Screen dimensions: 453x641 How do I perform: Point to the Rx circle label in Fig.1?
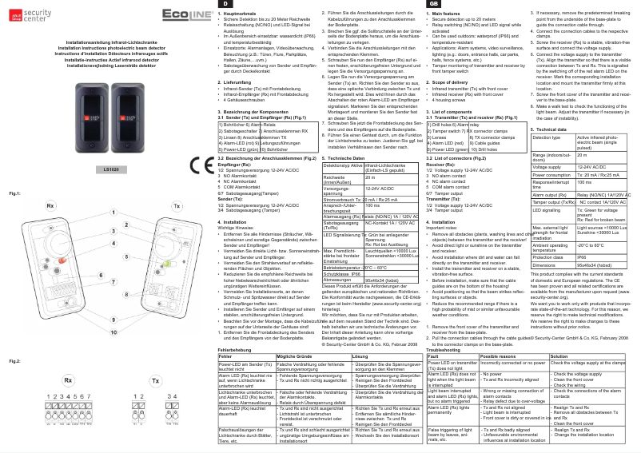coord(50,206)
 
